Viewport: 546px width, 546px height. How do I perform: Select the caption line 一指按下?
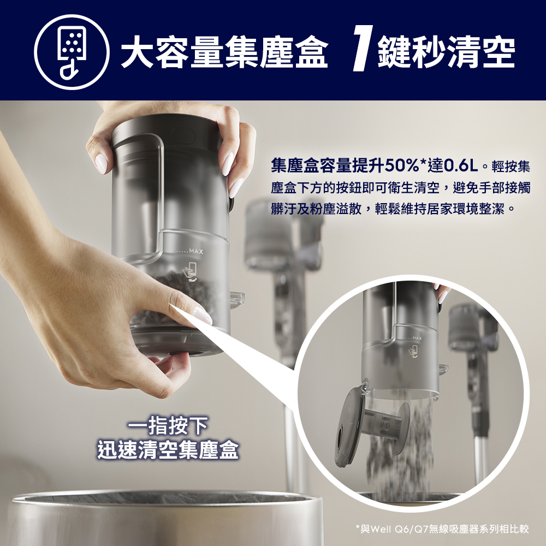(168, 425)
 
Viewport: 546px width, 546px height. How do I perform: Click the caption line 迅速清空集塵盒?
(168, 450)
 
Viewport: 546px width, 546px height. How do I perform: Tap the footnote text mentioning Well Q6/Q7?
(442, 528)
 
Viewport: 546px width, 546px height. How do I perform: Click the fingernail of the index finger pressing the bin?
(201, 316)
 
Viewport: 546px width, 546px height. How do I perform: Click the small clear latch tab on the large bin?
(237, 298)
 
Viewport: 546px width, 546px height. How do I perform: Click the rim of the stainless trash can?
(164, 500)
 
